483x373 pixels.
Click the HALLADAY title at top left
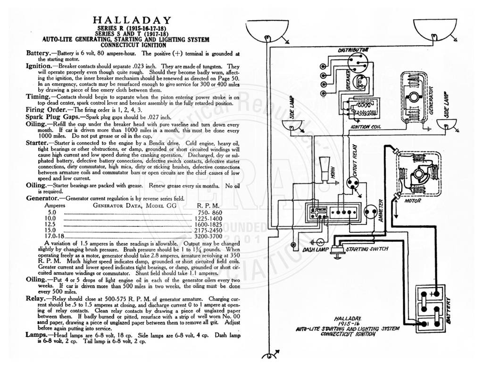[132, 20]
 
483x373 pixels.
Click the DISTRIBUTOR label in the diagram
[353, 50]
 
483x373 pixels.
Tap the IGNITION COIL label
[366, 126]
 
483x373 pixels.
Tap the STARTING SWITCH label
[367, 249]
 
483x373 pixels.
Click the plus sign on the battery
[436, 293]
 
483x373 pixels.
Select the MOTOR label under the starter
[412, 201]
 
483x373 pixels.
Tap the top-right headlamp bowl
[434, 30]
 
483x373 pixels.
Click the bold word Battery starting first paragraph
[37, 53]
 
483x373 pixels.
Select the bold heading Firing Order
[46, 110]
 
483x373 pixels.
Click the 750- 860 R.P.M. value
[209, 213]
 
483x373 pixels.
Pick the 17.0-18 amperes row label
[54, 236]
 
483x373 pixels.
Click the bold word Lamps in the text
[36, 335]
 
